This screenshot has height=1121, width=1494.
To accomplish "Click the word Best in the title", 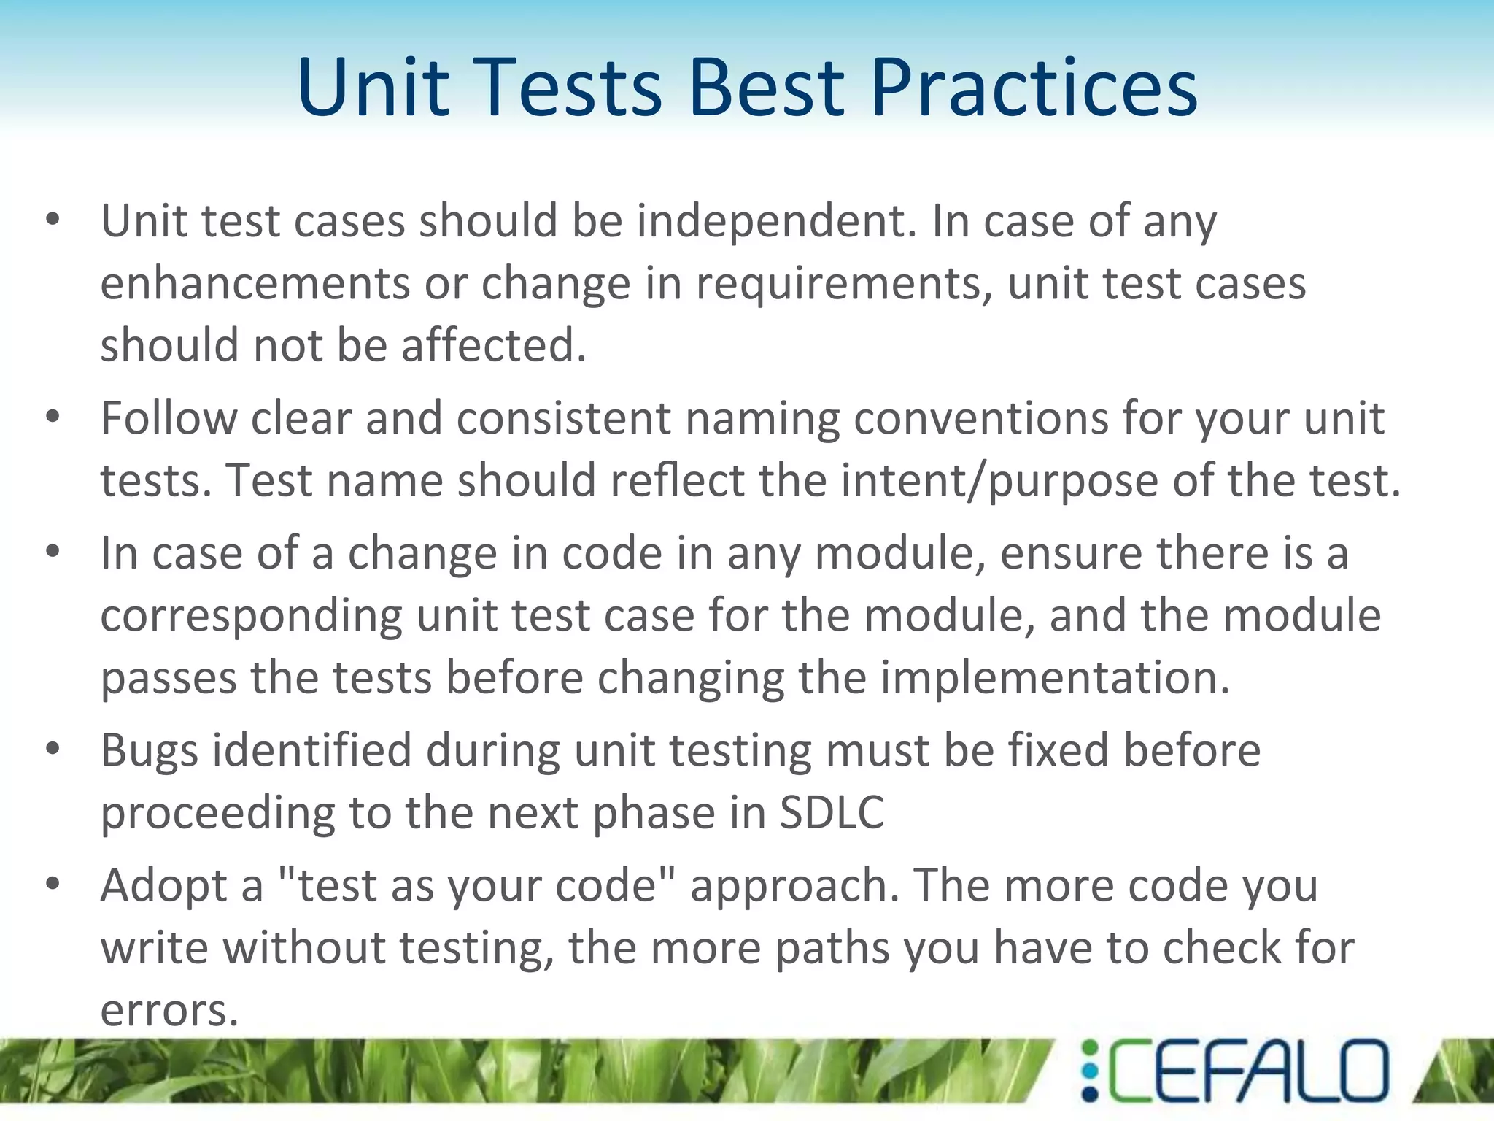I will click(x=766, y=88).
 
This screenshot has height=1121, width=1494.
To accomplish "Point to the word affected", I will click(x=493, y=345).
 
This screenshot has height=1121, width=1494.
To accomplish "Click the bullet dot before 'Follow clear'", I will click(x=53, y=417).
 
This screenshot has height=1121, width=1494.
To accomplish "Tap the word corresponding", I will click(x=251, y=616).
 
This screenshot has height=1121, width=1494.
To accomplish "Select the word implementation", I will click(x=1055, y=678).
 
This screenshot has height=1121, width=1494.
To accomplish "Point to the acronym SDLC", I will click(x=832, y=813).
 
